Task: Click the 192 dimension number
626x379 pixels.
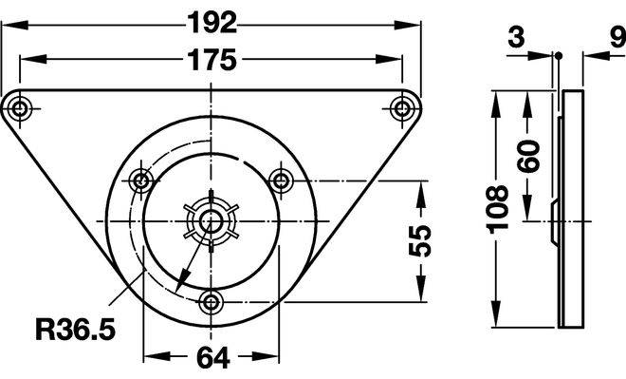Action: point(212,23)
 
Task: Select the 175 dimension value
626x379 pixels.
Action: point(212,60)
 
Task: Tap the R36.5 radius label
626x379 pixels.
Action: point(76,330)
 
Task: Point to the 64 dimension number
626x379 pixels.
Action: point(213,357)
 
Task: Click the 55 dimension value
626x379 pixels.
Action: point(420,240)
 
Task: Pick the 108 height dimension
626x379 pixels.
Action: point(497,210)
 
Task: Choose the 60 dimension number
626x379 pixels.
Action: point(527,156)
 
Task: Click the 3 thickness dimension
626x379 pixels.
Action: point(516,38)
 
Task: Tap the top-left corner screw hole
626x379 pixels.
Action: point(19,108)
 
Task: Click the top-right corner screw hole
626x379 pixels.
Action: point(401,108)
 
